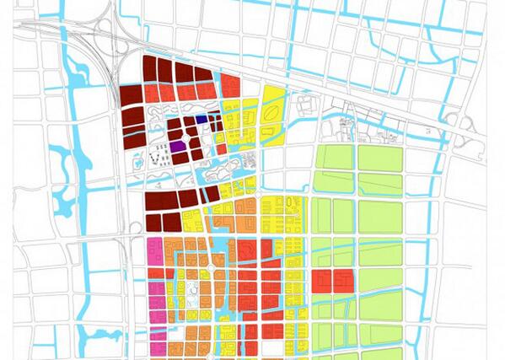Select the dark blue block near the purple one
pos(201,120)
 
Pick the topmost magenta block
pos(154,248)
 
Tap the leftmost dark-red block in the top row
pos(151,69)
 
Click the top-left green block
pos(332,158)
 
